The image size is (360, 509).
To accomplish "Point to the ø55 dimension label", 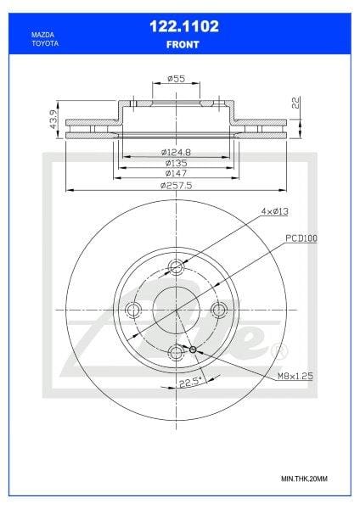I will (177, 78).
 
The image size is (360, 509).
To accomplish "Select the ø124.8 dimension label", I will (176, 151).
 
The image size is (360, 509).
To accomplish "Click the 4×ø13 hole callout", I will (275, 210).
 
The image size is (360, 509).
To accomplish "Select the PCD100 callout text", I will (301, 240).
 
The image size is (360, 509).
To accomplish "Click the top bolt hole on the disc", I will (177, 267).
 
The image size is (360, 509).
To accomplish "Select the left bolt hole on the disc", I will (133, 310).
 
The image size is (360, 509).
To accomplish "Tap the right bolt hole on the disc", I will (219, 310).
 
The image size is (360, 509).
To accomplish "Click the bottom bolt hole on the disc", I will (177, 352).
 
